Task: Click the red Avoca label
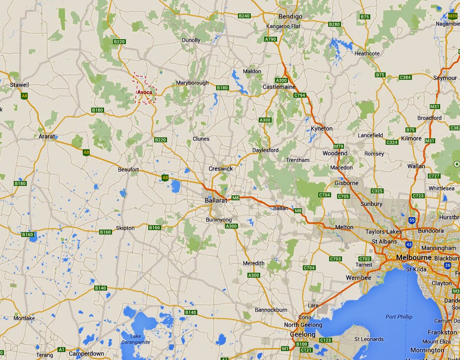tap(145, 92)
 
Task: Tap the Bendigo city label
tap(290, 16)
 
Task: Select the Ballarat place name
tap(216, 200)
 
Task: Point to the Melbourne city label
tap(414, 258)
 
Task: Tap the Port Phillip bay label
tap(399, 317)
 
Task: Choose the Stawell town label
tap(20, 85)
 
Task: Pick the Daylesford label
tap(266, 150)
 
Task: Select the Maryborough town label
tap(192, 83)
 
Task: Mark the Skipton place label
tap(125, 228)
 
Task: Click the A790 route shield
tap(271, 39)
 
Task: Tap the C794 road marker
tap(299, 95)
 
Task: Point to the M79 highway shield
tap(339, 146)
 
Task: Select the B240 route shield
tap(244, 16)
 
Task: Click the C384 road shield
tap(405, 77)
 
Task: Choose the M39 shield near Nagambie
tap(452, 16)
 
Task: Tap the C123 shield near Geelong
tap(326, 340)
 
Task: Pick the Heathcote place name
tap(367, 54)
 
